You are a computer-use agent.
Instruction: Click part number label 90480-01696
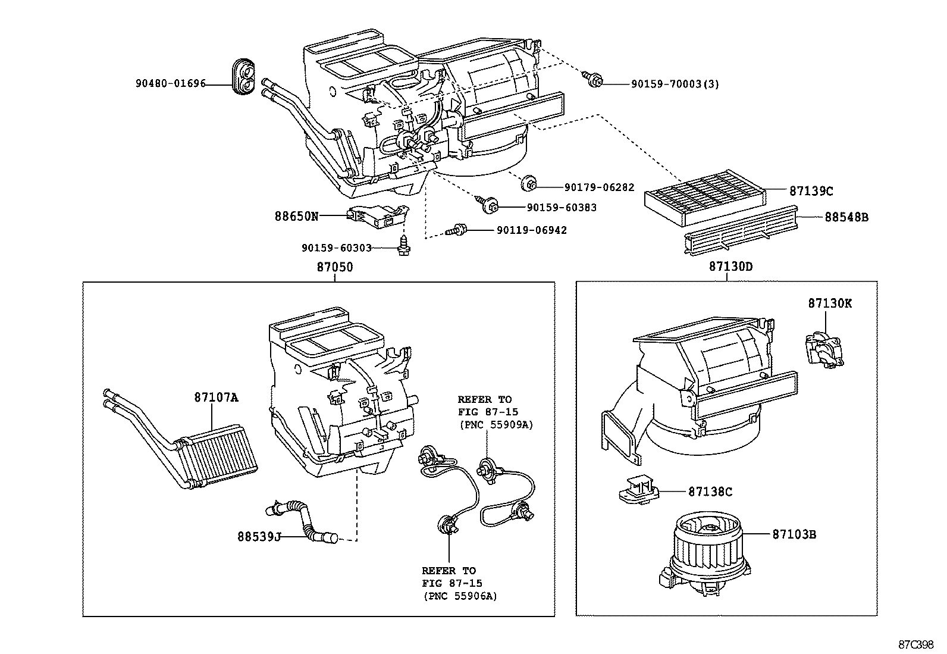coord(170,84)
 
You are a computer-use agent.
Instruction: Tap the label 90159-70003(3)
coord(675,84)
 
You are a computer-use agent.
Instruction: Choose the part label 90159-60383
coord(561,208)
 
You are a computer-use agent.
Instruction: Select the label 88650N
coord(296,217)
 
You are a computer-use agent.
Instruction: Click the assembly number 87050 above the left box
coord(334,268)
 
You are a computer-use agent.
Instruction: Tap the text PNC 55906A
coord(460,596)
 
